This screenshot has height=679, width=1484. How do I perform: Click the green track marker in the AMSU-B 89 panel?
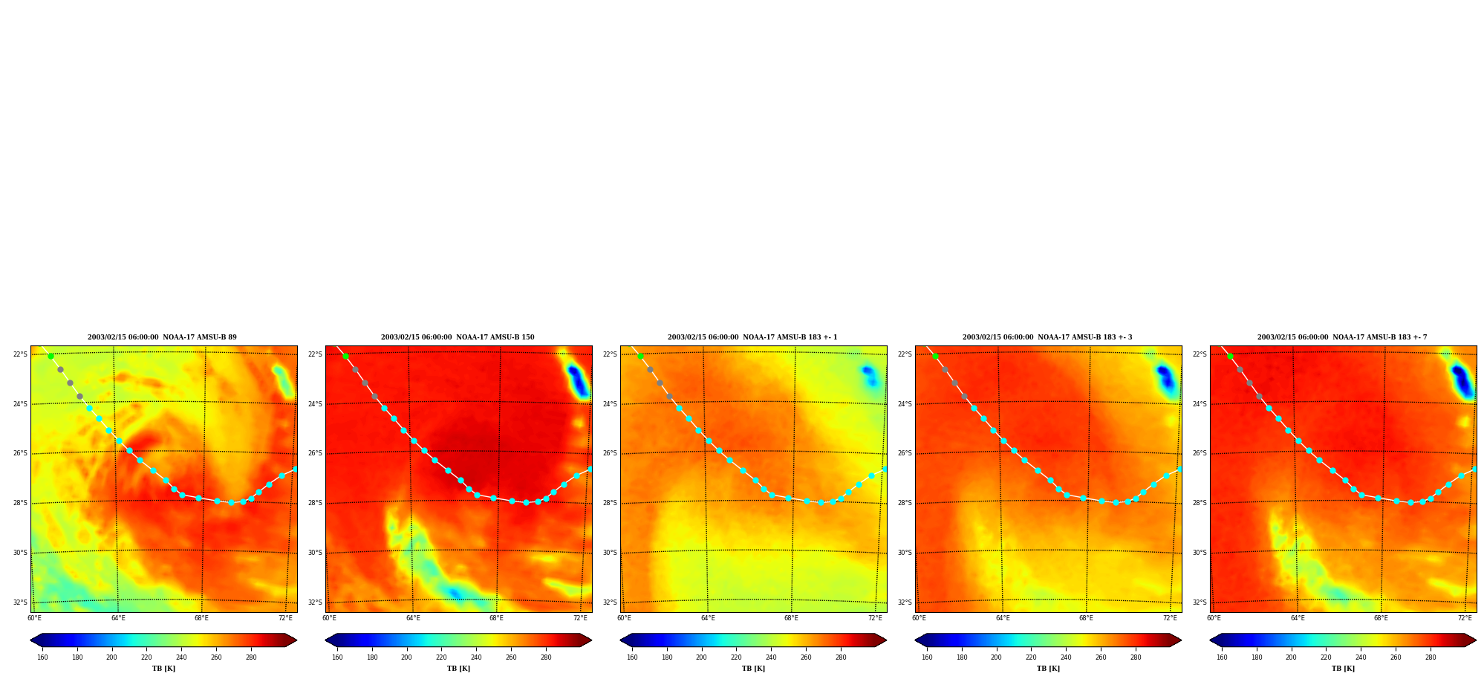click(x=51, y=356)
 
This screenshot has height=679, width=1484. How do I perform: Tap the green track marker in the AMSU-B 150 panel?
click(x=345, y=356)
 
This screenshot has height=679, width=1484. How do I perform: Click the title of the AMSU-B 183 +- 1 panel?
click(x=752, y=337)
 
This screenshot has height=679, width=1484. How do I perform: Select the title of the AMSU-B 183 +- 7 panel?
click(x=1342, y=337)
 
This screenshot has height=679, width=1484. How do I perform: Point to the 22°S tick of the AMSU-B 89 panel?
click(x=20, y=354)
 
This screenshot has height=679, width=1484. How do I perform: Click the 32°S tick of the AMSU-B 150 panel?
click(x=315, y=602)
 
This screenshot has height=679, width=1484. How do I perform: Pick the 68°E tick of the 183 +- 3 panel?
click(x=1086, y=618)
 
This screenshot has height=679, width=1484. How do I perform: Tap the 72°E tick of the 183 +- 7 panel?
click(x=1465, y=618)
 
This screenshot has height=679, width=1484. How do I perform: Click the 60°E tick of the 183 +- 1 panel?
click(x=624, y=618)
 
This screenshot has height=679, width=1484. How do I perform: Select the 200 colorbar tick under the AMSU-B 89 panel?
click(x=111, y=657)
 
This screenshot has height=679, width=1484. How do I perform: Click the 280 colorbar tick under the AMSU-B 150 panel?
click(x=546, y=657)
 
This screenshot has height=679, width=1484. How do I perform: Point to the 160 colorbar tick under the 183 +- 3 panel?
click(x=927, y=657)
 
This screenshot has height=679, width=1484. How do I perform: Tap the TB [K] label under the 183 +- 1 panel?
click(x=753, y=669)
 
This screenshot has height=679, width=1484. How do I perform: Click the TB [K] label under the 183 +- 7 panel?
click(x=1343, y=669)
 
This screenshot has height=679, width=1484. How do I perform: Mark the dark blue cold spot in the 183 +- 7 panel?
click(x=1462, y=380)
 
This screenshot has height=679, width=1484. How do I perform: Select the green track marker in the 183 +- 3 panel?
click(x=935, y=356)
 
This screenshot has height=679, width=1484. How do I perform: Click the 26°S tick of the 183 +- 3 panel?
click(x=905, y=453)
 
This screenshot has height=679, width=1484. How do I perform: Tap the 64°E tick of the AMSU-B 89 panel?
click(x=118, y=618)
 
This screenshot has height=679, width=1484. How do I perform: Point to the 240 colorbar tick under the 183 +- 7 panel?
click(x=1361, y=657)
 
